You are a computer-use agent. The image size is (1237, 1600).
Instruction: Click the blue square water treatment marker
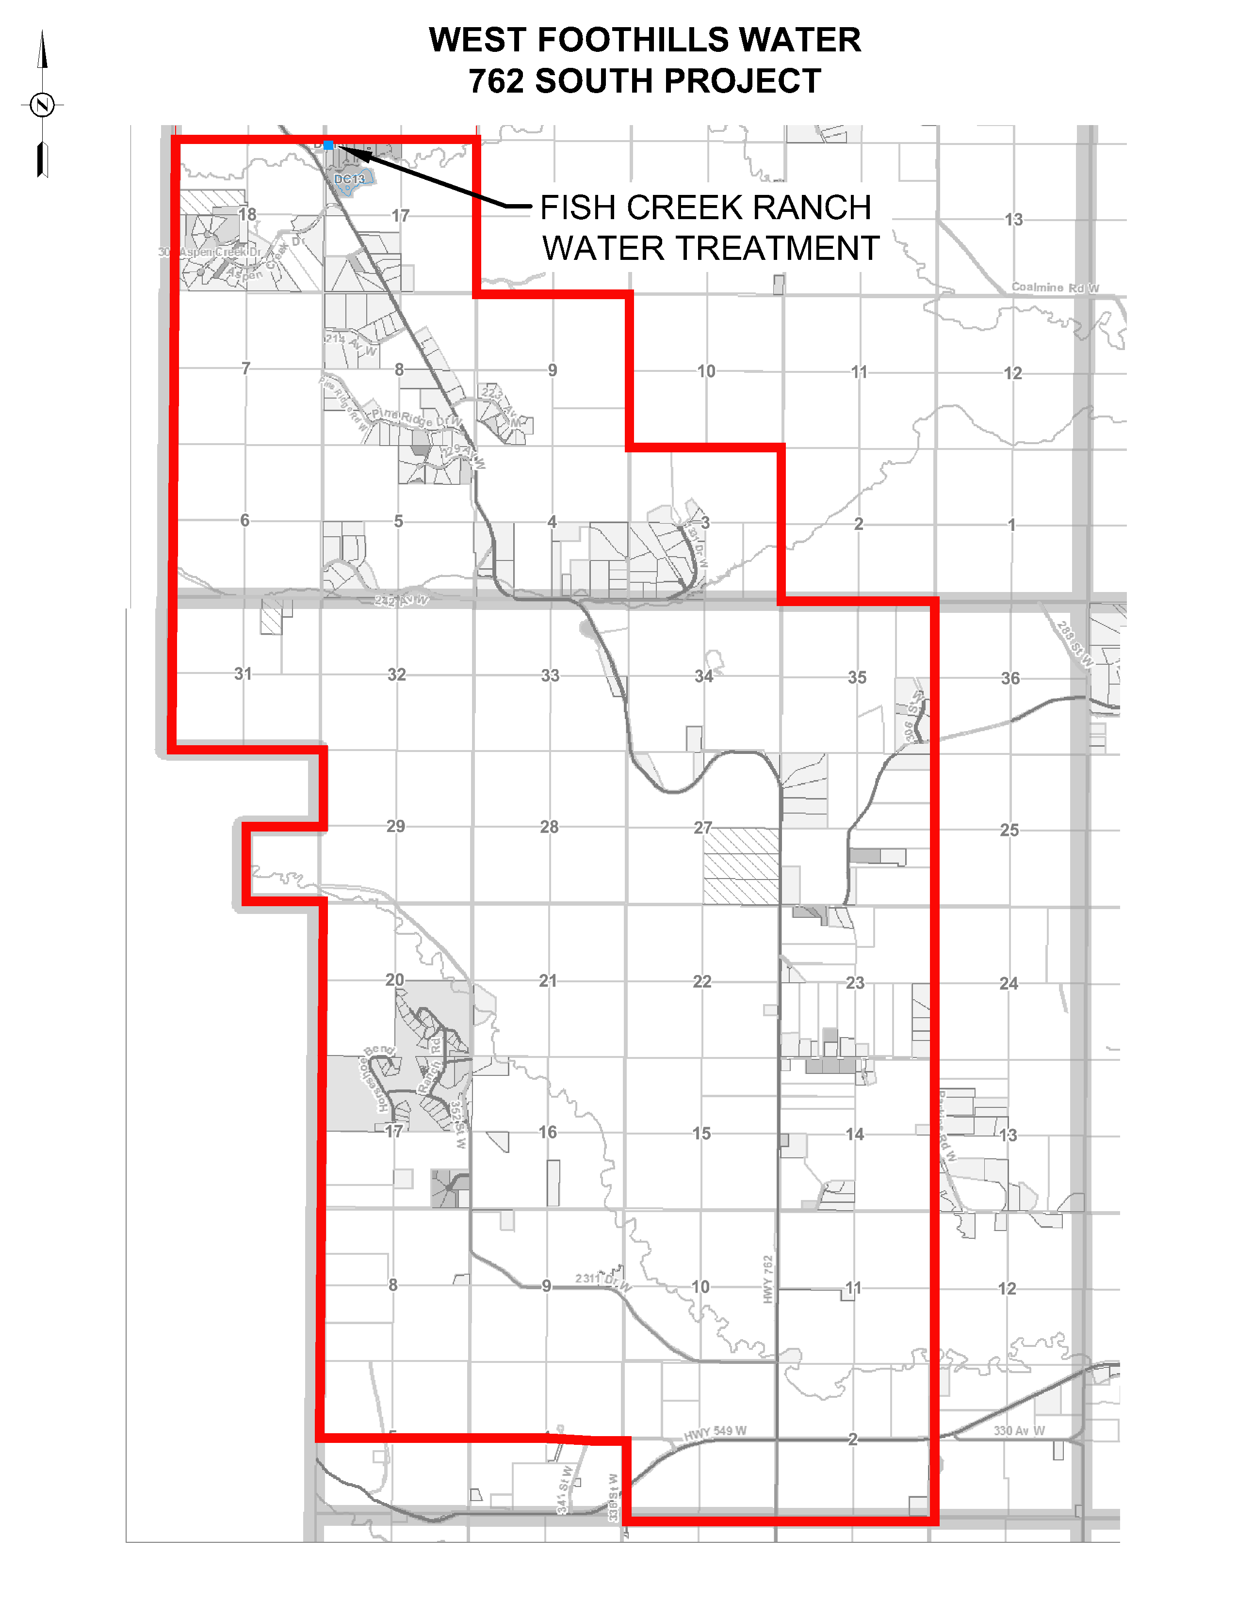click(x=329, y=145)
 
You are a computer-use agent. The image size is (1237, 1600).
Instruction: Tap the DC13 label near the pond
click(x=350, y=179)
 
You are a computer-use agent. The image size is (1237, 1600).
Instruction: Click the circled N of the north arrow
click(x=43, y=105)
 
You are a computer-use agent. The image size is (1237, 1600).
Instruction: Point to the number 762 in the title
click(x=496, y=81)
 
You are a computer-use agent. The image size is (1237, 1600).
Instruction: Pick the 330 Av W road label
click(x=1019, y=1430)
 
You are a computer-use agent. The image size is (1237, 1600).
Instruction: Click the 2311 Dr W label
click(x=602, y=1280)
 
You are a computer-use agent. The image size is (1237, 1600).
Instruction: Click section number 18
click(x=248, y=214)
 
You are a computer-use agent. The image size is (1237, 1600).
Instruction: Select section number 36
click(x=1010, y=678)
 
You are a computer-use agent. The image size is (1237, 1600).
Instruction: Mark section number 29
click(x=396, y=826)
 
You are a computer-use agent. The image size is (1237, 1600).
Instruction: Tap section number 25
click(x=1009, y=830)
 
